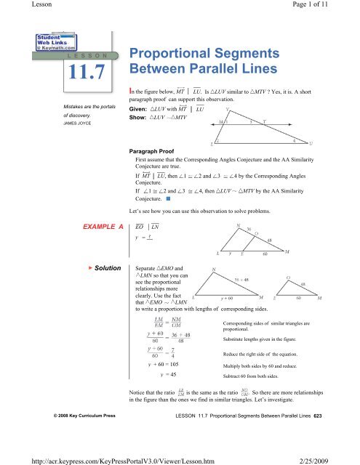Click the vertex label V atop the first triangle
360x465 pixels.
tap(231, 110)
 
